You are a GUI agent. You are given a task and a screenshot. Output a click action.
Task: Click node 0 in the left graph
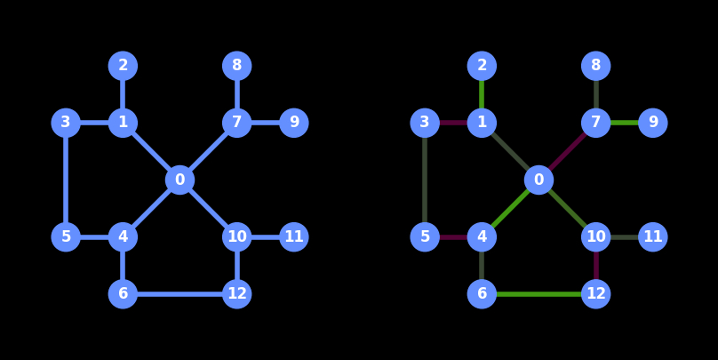coord(179,180)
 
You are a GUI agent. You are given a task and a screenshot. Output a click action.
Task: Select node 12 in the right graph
coord(595,293)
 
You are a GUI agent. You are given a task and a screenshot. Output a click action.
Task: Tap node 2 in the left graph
coord(123,66)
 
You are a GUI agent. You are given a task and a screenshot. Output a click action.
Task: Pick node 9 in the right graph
coord(652,123)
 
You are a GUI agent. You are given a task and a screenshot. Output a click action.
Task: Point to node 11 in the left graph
coord(293,236)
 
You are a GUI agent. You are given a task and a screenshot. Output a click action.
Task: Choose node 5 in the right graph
coord(425,236)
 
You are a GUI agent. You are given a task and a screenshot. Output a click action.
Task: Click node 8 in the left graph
coord(236,66)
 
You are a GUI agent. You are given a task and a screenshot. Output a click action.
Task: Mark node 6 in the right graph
coord(482,293)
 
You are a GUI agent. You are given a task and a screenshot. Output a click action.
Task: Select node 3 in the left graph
coord(66,123)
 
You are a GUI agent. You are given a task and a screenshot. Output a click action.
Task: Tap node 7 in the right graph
coord(595,123)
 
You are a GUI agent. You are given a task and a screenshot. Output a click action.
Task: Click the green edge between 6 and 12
coord(538,293)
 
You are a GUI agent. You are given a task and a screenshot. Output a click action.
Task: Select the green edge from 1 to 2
coord(482,94)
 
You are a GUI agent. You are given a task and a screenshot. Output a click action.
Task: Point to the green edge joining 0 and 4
coord(510,208)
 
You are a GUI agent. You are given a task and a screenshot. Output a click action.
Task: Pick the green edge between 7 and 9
coord(624,123)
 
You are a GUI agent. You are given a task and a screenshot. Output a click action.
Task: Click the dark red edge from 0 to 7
coord(567,151)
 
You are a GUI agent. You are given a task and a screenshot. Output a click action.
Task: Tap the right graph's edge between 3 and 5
coord(425,180)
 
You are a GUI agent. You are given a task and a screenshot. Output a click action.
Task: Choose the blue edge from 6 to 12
coord(179,293)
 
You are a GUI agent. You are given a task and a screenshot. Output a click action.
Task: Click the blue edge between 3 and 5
coord(66,180)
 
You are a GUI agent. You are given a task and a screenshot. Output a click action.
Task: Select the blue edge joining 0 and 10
coord(208,208)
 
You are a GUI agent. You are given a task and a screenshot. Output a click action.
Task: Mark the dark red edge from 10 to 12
coord(595,265)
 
